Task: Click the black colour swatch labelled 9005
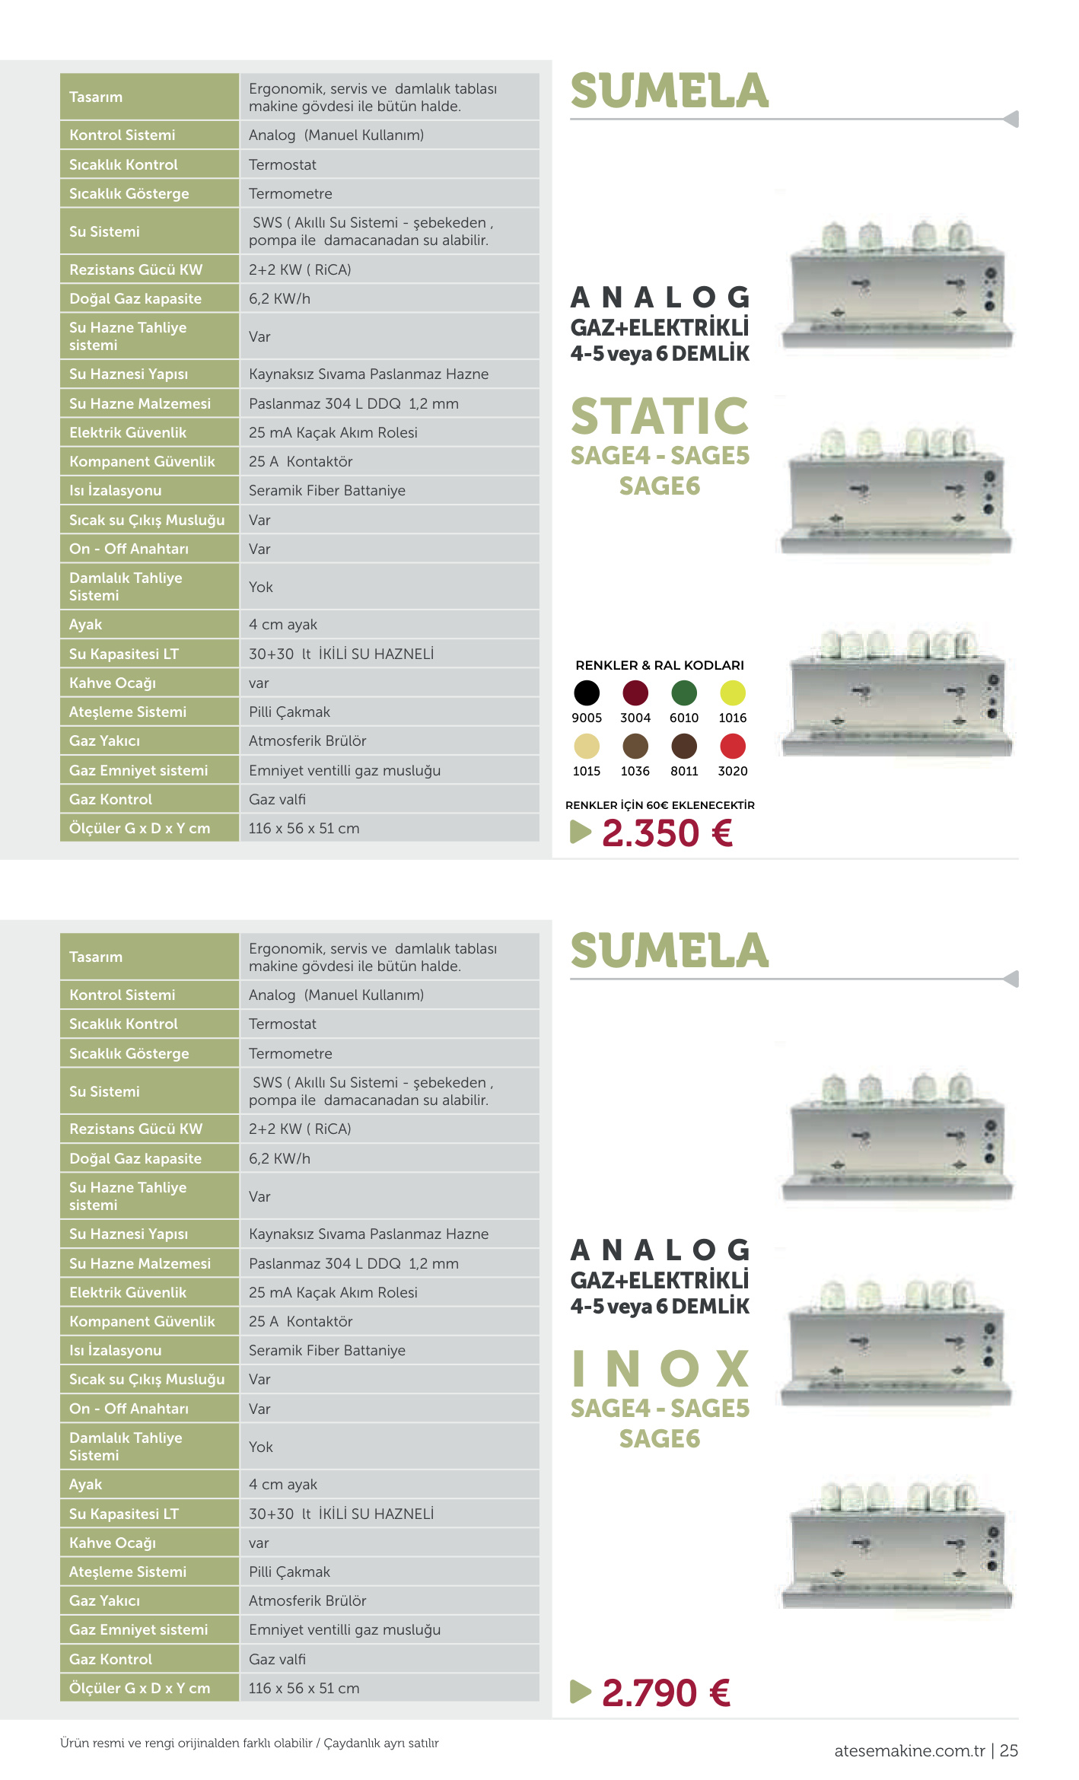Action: click(x=587, y=693)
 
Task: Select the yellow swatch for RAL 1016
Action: click(x=733, y=693)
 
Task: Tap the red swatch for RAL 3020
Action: click(x=733, y=746)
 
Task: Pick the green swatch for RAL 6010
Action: click(x=684, y=693)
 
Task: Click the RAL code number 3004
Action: click(x=635, y=718)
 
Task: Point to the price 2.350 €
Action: click(x=667, y=833)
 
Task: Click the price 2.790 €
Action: click(x=667, y=1693)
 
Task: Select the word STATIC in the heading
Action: click(x=660, y=416)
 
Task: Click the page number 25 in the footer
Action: click(x=1009, y=1750)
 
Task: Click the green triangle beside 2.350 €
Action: click(x=581, y=832)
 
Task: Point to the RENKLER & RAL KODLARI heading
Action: click(x=660, y=665)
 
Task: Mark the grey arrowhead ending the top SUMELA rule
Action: click(x=1011, y=119)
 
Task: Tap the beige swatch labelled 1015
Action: click(x=587, y=746)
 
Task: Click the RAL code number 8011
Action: click(x=684, y=771)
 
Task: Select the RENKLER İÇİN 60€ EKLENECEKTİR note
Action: click(x=660, y=805)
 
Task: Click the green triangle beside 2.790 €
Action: click(x=581, y=1692)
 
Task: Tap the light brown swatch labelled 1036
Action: click(x=635, y=746)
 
